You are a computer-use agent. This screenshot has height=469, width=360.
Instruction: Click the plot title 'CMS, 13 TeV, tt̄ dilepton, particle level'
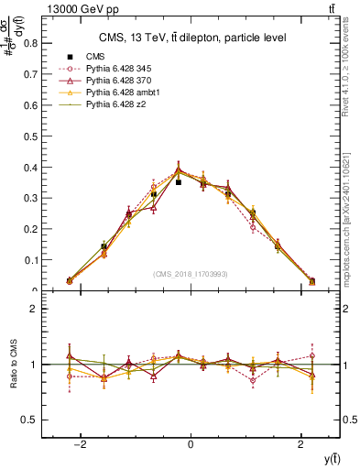coord(191,38)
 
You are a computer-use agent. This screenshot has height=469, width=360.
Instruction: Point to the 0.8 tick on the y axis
coord(32,42)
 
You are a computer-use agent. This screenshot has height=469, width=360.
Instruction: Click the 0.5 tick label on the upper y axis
coord(32,136)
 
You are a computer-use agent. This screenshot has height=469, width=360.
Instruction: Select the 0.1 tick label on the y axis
coord(32,260)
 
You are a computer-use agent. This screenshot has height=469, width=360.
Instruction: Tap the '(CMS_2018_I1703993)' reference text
coord(191,274)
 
